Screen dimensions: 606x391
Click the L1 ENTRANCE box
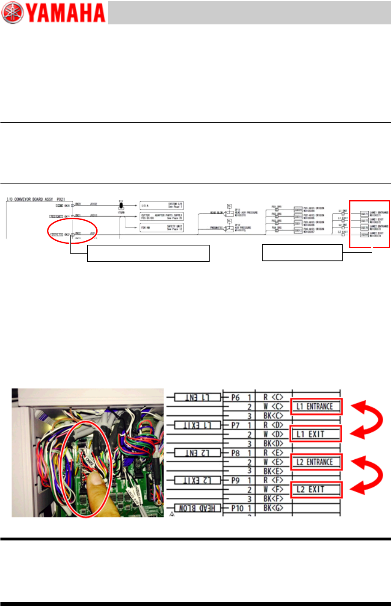tap(316, 406)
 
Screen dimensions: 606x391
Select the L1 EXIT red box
tap(316, 434)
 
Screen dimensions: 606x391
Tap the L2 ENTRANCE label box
tap(316, 462)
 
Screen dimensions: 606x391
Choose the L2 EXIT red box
tap(316, 489)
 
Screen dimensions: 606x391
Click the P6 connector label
tap(235, 397)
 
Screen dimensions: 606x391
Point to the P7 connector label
tap(235, 425)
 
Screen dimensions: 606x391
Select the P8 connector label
tap(235, 452)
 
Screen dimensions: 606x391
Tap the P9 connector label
tap(235, 480)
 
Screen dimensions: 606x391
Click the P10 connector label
tap(237, 508)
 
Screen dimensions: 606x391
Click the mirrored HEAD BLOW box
tap(197, 508)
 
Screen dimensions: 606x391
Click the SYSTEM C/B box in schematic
tap(162, 206)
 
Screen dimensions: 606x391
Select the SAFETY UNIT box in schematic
tap(162, 228)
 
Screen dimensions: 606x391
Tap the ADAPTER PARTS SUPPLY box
tap(162, 217)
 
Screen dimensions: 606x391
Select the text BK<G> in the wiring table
tap(273, 508)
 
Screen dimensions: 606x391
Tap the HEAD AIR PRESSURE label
tap(246, 213)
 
